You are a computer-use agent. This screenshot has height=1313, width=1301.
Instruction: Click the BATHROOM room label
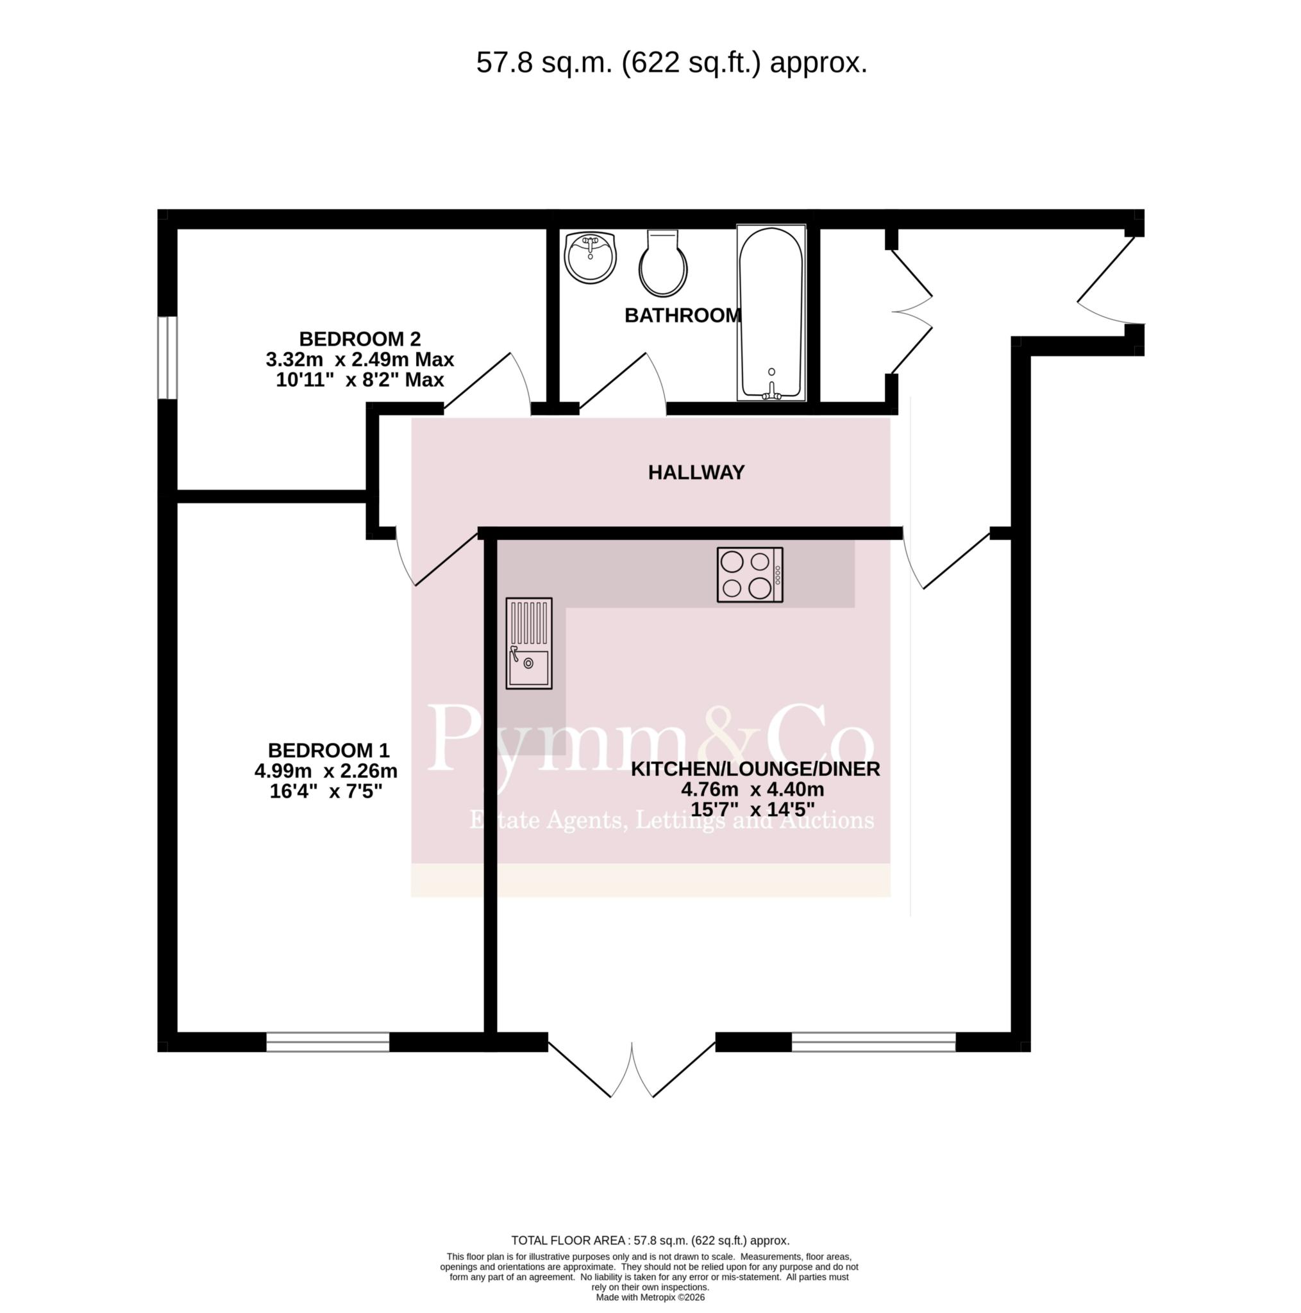[682, 315]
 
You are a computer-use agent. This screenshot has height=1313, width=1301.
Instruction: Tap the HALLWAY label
[696, 473]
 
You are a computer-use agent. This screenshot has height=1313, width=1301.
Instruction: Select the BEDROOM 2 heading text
[360, 339]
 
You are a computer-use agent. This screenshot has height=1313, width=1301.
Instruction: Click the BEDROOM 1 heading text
[328, 750]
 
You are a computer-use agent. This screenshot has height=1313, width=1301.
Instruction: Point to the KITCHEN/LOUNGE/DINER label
[755, 769]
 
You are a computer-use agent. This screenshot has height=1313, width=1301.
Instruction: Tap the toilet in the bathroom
[663, 263]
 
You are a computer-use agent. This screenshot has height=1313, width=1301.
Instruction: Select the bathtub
[771, 313]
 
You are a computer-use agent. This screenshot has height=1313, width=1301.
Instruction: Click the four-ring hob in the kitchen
[750, 574]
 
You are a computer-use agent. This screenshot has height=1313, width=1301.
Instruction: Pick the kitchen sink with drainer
[529, 643]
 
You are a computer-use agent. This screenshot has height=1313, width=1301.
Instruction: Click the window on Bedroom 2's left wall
[167, 358]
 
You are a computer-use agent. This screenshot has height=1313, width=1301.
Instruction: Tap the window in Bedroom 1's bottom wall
[328, 1042]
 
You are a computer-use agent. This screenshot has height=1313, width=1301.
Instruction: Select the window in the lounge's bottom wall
[873, 1042]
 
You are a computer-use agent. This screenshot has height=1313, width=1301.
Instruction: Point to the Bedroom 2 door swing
[487, 384]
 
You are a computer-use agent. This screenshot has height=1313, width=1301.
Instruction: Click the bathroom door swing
[623, 384]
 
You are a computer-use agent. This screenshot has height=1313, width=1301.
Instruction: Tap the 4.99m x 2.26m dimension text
[326, 771]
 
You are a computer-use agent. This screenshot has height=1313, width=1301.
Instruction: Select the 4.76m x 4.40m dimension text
[753, 789]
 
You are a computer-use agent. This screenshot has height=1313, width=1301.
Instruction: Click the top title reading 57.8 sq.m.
[671, 63]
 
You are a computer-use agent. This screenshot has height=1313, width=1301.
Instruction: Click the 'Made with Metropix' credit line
[650, 1297]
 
